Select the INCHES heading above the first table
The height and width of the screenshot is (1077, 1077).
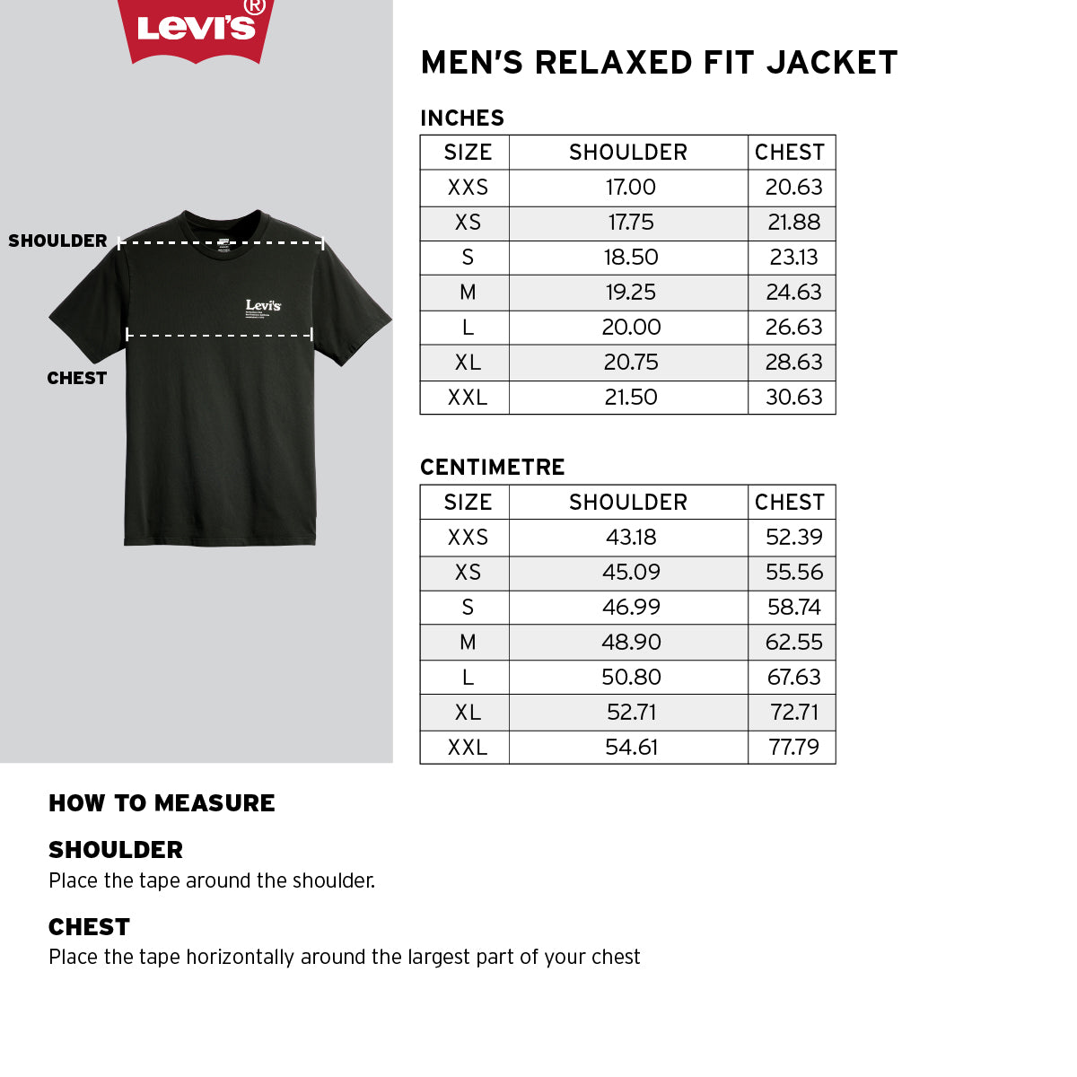pyautogui.click(x=462, y=118)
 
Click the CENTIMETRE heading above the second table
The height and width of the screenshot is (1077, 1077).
pyautogui.click(x=493, y=467)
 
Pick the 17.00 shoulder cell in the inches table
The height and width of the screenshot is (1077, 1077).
pyautogui.click(x=630, y=187)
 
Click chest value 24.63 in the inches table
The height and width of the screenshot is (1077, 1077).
pyautogui.click(x=793, y=292)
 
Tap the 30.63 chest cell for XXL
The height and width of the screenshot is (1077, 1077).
pyautogui.click(x=793, y=397)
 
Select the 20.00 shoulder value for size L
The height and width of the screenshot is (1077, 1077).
pyautogui.click(x=630, y=327)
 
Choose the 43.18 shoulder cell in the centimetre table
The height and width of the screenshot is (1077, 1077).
pyautogui.click(x=630, y=537)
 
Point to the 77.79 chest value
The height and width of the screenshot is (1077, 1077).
pyautogui.click(x=793, y=747)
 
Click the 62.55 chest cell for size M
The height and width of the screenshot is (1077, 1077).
pyautogui.click(x=793, y=642)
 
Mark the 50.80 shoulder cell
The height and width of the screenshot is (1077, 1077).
pyautogui.click(x=630, y=677)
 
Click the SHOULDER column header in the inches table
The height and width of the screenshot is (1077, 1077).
pyautogui.click(x=628, y=152)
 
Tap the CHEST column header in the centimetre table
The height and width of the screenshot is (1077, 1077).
pyautogui.click(x=790, y=502)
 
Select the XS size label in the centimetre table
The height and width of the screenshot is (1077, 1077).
pyautogui.click(x=468, y=572)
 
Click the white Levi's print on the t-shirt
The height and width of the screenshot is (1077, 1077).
pyautogui.click(x=263, y=306)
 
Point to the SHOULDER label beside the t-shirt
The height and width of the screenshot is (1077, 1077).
pyautogui.click(x=57, y=241)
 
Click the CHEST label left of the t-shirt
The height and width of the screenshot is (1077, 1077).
pyautogui.click(x=77, y=378)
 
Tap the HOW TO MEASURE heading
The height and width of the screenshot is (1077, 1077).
pyautogui.click(x=162, y=802)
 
